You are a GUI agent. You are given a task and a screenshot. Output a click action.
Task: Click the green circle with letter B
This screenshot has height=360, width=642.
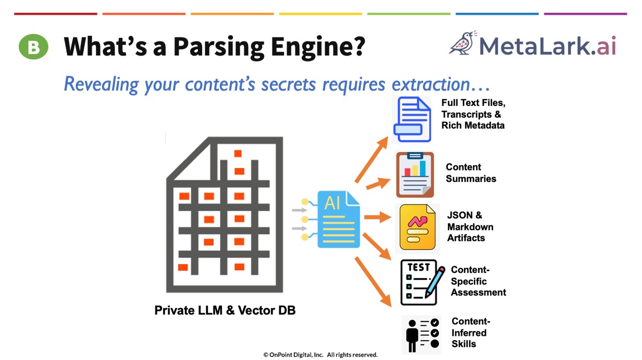pyautogui.click(x=34, y=47)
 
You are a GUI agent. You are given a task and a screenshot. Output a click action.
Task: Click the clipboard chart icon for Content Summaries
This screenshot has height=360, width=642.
pyautogui.click(x=415, y=174)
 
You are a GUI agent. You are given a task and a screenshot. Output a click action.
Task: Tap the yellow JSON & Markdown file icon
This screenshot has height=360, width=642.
pyautogui.click(x=417, y=227)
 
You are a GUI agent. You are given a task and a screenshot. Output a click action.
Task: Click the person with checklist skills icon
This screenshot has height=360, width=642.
pyautogui.click(x=421, y=334)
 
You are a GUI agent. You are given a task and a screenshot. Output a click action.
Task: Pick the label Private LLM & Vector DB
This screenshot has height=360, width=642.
pyautogui.click(x=225, y=310)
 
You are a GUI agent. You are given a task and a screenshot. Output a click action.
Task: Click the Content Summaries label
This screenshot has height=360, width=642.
pyautogui.click(x=471, y=173)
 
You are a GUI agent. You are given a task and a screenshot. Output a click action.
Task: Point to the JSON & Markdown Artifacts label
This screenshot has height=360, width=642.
pyautogui.click(x=470, y=226)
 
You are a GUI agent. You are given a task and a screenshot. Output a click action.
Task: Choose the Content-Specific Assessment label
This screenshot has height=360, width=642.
pyautogui.click(x=478, y=281)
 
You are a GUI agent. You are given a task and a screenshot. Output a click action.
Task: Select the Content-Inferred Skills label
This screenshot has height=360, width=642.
pyautogui.click(x=471, y=332)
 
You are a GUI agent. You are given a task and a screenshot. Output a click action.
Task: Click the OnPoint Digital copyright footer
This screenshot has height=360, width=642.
pyautogui.click(x=320, y=354)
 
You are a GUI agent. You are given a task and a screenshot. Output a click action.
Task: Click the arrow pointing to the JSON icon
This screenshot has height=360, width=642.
pyautogui.click(x=378, y=217)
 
